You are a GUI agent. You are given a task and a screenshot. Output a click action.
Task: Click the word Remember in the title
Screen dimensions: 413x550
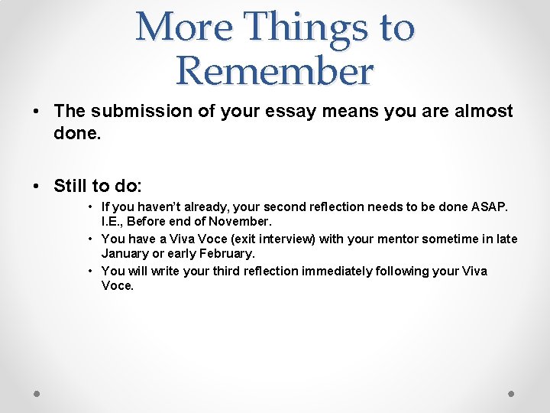(x=275, y=71)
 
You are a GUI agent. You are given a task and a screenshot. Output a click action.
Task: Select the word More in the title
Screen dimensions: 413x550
(x=183, y=27)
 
